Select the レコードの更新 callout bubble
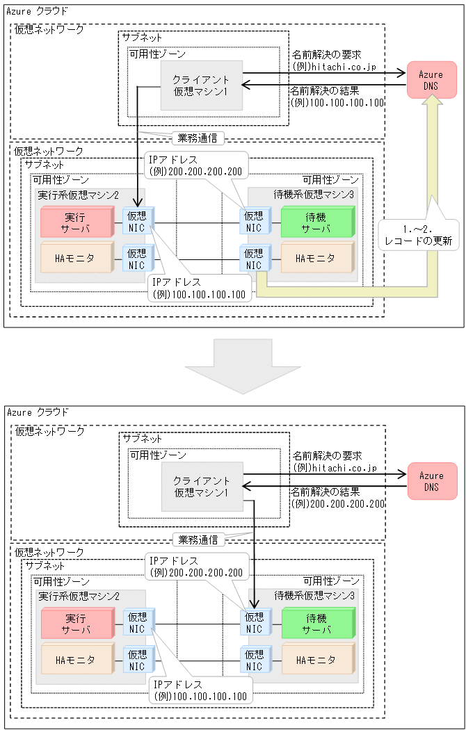[x=419, y=235]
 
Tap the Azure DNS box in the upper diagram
[x=431, y=80]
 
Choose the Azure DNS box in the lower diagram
[x=431, y=481]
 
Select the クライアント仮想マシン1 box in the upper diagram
[x=201, y=85]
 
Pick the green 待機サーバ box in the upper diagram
[x=316, y=222]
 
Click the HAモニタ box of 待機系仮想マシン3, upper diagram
[x=316, y=258]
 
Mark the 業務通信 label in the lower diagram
[x=199, y=539]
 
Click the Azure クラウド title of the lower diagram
[x=38, y=412]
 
